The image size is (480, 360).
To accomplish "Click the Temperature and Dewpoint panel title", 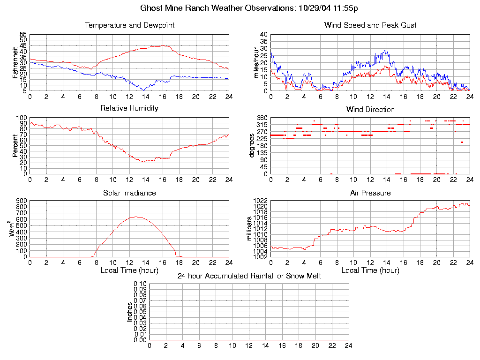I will (129, 25).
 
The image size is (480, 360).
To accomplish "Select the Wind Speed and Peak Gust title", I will (370, 25).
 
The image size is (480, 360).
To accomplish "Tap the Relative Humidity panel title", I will (129, 108).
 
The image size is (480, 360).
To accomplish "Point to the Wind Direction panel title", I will (370, 109).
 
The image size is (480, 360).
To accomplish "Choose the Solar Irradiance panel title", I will (129, 193).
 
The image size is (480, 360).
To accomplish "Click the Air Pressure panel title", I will (370, 193).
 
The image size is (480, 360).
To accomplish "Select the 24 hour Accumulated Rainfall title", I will (249, 276).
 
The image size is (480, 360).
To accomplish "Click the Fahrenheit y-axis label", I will (15, 62).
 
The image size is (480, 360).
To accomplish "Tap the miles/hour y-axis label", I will (256, 62).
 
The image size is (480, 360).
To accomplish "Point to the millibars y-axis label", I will (250, 228).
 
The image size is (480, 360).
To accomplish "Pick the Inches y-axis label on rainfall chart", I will (129, 312).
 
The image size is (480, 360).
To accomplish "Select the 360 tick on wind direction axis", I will (262, 118).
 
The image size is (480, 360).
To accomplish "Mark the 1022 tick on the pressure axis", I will (260, 201).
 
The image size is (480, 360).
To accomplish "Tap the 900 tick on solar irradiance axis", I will (22, 201).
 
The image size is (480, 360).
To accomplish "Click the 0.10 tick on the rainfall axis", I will (140, 284).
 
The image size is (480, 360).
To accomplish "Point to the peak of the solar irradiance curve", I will (135, 217).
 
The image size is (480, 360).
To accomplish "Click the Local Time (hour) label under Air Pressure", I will (370, 270).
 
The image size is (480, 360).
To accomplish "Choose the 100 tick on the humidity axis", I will (22, 118).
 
